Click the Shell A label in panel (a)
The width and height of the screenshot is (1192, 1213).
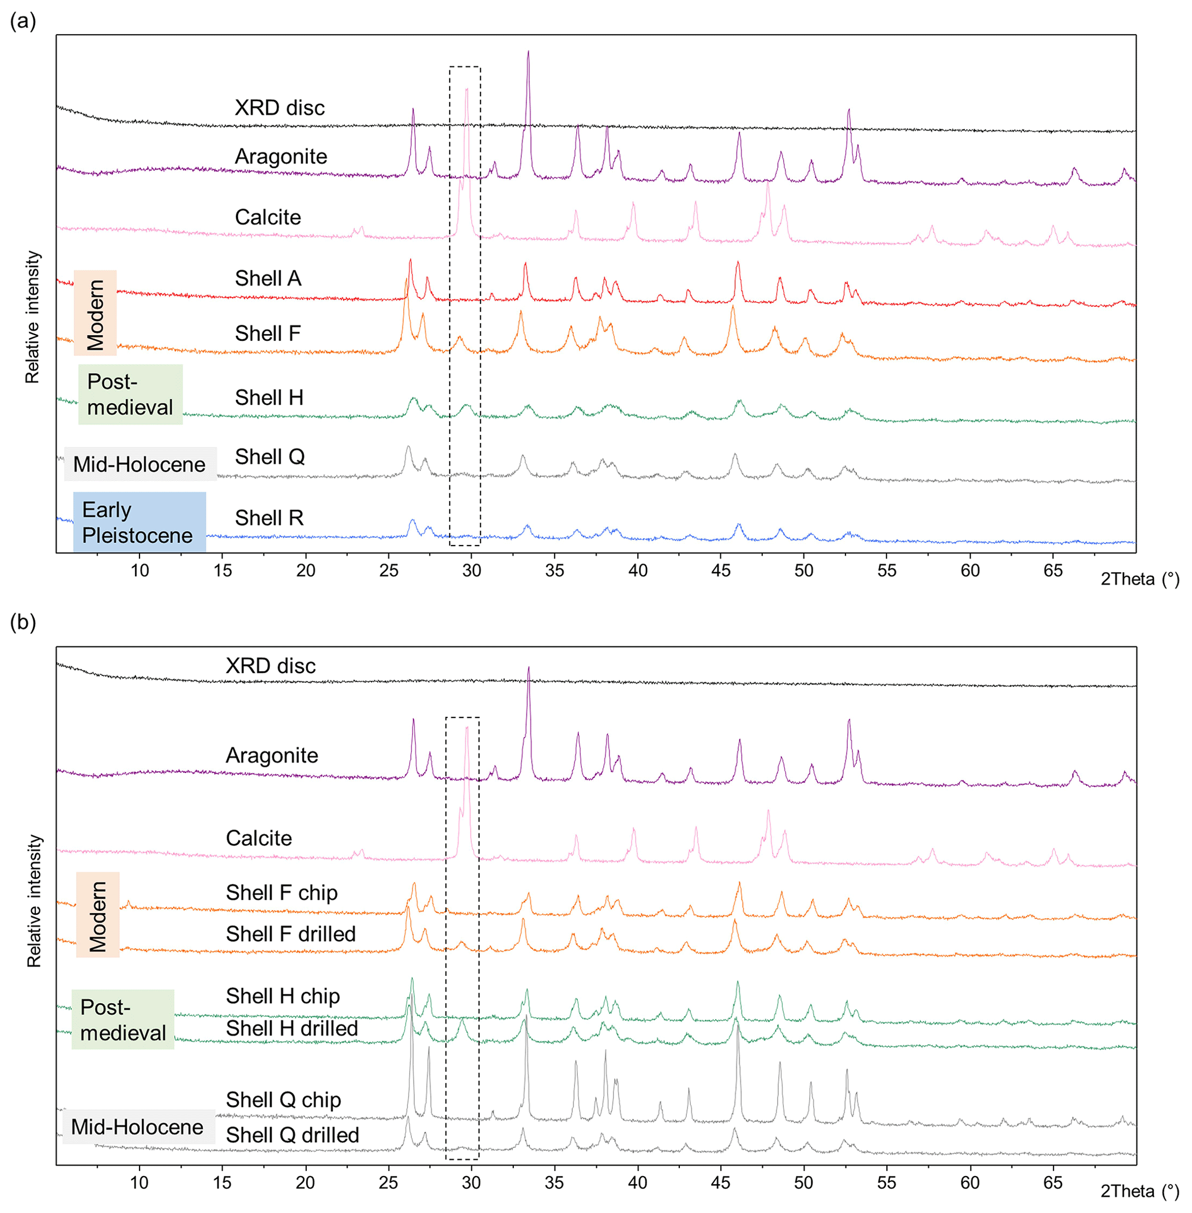pos(268,278)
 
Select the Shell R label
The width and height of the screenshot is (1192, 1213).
pos(269,518)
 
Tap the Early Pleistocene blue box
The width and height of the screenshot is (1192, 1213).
pos(139,521)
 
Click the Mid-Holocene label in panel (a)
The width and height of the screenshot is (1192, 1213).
pos(140,464)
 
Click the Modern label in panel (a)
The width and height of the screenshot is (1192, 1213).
pos(95,313)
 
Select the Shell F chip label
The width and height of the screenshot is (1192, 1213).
pos(282,892)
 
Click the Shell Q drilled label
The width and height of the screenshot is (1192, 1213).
pos(292,1135)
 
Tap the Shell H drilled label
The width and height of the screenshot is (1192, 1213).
pos(292,1028)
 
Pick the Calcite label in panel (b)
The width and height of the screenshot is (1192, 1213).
pos(258,838)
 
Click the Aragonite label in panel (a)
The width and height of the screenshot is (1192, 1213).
pos(281,156)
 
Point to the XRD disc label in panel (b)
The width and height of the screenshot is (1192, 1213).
pos(270,666)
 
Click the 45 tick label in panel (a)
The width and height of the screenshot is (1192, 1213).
pos(721,570)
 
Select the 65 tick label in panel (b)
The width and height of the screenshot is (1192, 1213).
pos(1052,1182)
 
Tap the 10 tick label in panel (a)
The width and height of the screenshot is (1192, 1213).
pos(140,570)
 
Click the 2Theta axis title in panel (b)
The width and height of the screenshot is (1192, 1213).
pos(1140,1191)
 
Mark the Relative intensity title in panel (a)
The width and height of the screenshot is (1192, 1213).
pos(32,317)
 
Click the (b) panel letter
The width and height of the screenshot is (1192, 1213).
pos(23,622)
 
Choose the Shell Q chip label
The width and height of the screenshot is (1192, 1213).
pos(284,1099)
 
